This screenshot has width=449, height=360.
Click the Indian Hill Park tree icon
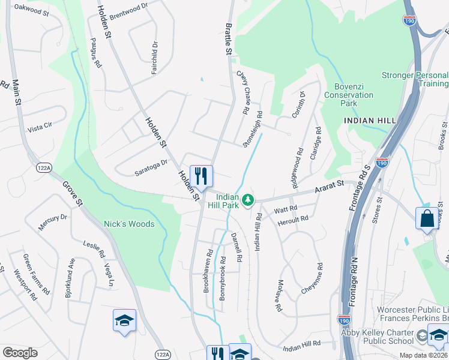tap(247, 199)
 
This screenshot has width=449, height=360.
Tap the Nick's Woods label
tap(129, 224)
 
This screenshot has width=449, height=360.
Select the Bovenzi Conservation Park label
tap(349, 95)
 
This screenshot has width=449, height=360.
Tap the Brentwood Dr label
tap(128, 10)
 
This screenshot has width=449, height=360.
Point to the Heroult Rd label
tap(293, 220)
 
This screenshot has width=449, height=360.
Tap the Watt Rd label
tap(286, 209)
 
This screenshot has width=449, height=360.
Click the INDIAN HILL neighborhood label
tap(370, 121)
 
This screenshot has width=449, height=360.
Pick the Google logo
tap(19, 353)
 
